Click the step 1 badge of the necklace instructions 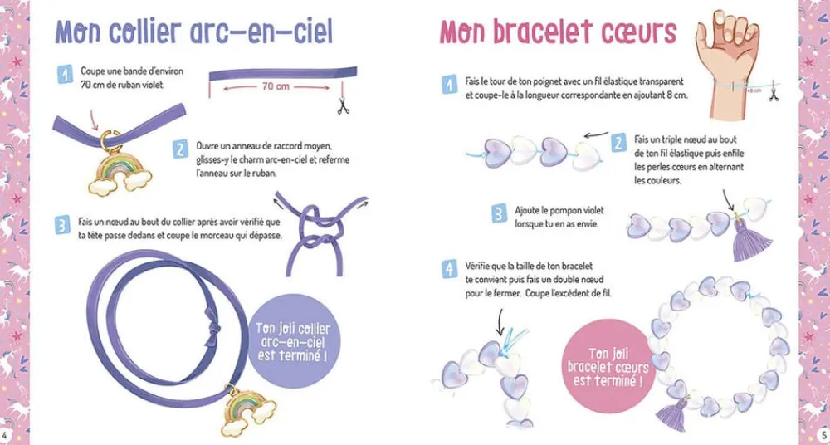tap(65, 76)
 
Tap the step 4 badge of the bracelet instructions tap(449, 269)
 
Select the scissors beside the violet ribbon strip tap(341, 105)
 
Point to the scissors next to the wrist tap(774, 94)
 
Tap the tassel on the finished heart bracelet tap(671, 413)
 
